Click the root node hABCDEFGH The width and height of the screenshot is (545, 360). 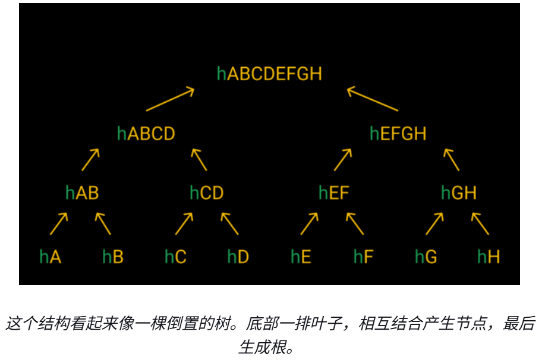269,74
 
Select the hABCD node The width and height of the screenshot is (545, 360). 146,134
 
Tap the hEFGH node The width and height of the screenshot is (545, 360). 398,134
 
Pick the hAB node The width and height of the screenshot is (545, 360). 82,193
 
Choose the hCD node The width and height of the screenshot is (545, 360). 207,193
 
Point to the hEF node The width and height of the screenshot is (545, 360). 334,193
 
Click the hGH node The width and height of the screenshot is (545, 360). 459,193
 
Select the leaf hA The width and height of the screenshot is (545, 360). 51,257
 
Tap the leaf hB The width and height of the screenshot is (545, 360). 113,257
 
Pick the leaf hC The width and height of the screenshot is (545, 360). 176,257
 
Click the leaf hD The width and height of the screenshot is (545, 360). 238,257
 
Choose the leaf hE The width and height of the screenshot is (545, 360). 301,257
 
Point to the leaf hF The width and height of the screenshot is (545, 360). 364,257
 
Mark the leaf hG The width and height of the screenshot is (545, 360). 426,257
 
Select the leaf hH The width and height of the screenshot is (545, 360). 489,257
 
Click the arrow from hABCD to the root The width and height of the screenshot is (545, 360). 171,99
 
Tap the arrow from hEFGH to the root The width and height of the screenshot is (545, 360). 373,99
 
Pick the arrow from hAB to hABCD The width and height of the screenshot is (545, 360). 90,160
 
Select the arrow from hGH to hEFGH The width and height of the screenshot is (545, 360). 452,160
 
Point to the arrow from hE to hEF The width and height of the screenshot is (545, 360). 309,223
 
